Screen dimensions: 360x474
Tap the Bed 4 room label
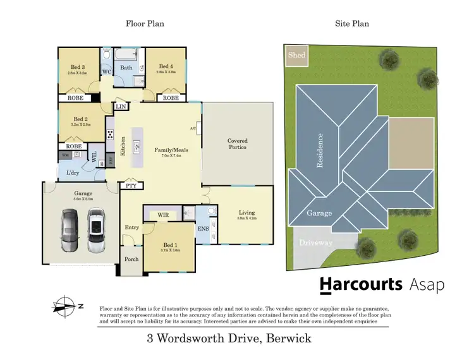click(166, 66)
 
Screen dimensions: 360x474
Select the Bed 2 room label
click(80, 119)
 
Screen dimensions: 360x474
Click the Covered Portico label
click(237, 144)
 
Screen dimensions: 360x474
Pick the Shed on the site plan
click(296, 55)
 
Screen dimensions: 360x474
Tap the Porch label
click(131, 259)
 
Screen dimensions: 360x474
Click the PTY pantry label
click(131, 186)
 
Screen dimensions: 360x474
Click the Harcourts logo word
click(360, 285)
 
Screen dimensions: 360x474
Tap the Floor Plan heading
click(144, 23)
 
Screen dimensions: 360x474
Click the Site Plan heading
click(351, 23)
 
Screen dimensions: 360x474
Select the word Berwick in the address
click(288, 339)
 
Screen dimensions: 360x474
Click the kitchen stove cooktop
click(110, 135)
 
